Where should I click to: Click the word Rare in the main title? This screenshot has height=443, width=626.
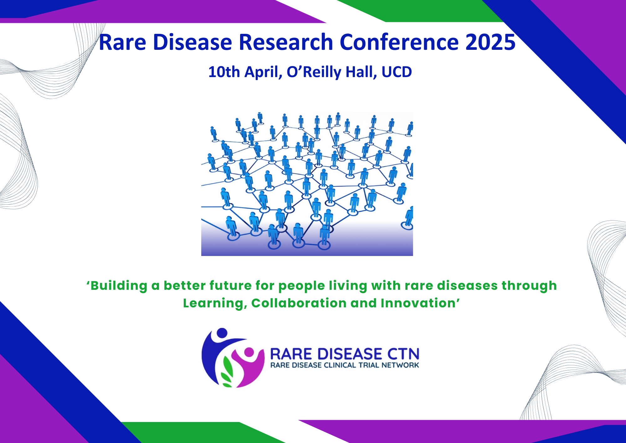pyautogui.click(x=122, y=42)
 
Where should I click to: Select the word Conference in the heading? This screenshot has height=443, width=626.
pyautogui.click(x=399, y=42)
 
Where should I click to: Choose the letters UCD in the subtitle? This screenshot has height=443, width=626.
pyautogui.click(x=397, y=72)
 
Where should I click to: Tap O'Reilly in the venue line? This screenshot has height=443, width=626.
pyautogui.click(x=314, y=72)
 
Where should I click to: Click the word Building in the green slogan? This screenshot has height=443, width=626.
pyautogui.click(x=119, y=286)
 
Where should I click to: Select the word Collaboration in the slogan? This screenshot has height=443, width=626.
pyautogui.click(x=299, y=303)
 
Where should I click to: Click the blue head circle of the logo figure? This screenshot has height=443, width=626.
pyautogui.click(x=222, y=333)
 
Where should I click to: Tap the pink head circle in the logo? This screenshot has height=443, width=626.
pyautogui.click(x=249, y=352)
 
